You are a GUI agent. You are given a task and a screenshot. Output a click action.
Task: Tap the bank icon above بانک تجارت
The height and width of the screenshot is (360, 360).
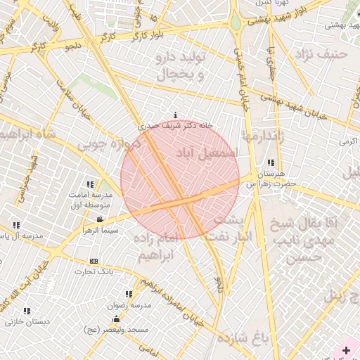click(x=94, y=261)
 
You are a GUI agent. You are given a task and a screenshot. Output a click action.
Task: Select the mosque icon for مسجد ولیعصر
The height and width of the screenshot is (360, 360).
click(x=116, y=320)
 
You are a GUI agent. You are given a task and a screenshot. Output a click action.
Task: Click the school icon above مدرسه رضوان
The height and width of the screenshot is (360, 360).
click(x=129, y=294)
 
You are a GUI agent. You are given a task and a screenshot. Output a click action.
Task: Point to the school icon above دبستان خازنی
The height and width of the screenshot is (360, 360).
click(x=27, y=311)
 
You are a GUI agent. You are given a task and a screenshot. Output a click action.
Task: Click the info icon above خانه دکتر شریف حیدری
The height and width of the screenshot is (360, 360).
click(x=175, y=115)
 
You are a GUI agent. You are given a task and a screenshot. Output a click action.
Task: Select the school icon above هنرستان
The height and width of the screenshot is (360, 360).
click(x=271, y=162)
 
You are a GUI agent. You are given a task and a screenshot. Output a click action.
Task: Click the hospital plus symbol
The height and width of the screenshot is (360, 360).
click(x=346, y=349)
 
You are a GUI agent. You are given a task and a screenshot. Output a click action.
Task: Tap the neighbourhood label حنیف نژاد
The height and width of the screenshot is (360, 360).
click(x=321, y=53)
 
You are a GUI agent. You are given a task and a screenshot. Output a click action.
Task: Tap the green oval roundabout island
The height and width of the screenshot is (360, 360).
click(x=235, y=22)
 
